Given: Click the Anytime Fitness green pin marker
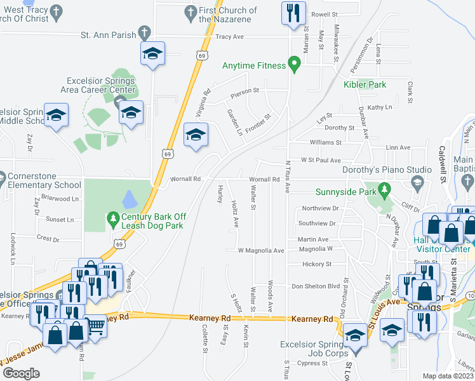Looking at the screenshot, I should tap(293, 63).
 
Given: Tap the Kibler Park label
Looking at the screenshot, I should tap(365, 84).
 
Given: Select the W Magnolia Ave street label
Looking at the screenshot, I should tap(260, 251).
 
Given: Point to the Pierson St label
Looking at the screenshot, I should tap(245, 91).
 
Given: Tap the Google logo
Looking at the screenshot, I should tap(21, 373).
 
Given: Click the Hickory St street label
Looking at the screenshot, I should tap(318, 264).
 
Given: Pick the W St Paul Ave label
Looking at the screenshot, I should tap(321, 161).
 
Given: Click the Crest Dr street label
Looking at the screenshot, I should tap(48, 239).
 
